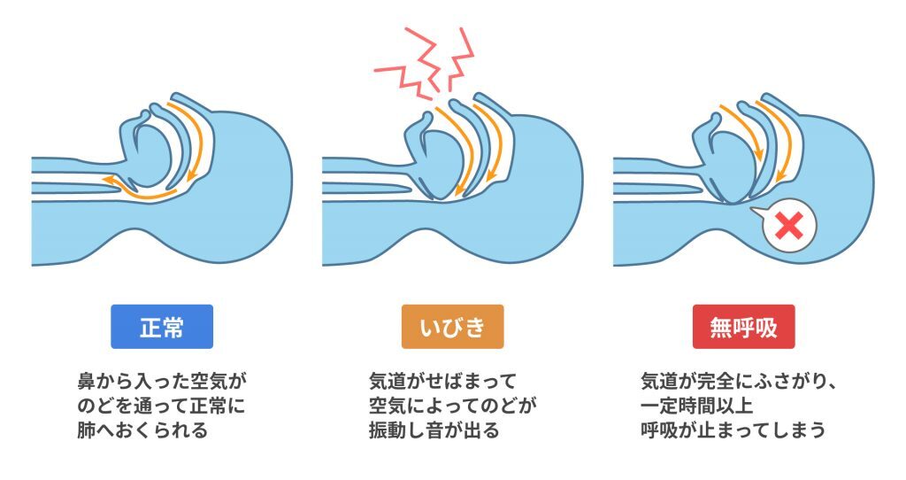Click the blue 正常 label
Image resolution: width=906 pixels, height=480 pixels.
click(162, 327)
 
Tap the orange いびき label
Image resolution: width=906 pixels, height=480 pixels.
click(452, 327)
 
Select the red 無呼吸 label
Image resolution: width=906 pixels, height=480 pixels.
click(743, 327)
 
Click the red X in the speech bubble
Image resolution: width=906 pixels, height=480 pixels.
click(789, 226)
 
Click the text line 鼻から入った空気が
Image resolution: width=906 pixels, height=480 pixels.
click(162, 382)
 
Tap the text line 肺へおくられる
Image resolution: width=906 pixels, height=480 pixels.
click(142, 430)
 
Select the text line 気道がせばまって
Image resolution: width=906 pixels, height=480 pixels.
click(442, 382)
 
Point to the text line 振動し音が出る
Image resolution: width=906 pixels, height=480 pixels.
click(434, 430)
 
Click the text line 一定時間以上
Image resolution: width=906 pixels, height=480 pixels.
click(697, 406)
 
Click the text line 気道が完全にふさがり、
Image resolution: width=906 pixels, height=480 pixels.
click(739, 382)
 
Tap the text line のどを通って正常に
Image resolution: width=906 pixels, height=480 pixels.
click(161, 406)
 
